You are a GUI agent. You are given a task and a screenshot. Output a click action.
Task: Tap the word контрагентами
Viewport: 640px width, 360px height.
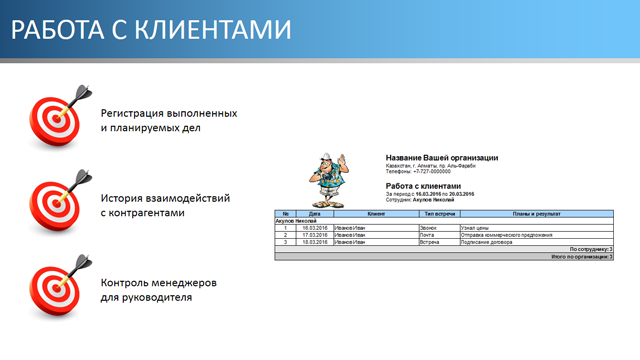(x=149, y=213)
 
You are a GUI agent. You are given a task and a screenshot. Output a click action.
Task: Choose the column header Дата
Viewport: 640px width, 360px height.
(x=315, y=213)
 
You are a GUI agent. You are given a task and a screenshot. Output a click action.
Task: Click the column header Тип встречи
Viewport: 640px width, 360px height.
(x=439, y=213)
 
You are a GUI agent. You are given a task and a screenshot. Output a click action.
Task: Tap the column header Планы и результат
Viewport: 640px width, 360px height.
(x=536, y=213)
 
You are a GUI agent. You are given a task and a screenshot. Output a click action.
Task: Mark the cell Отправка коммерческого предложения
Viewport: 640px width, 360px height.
(x=506, y=235)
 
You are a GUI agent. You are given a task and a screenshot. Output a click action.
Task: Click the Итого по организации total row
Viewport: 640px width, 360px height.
(x=581, y=256)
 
